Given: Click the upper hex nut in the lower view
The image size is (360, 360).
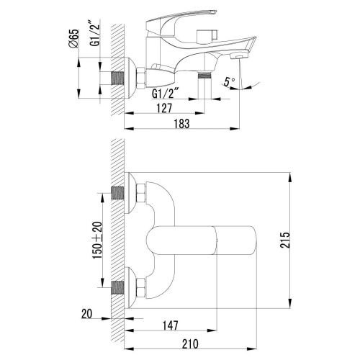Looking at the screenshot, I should pyautogui.click(x=141, y=194).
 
